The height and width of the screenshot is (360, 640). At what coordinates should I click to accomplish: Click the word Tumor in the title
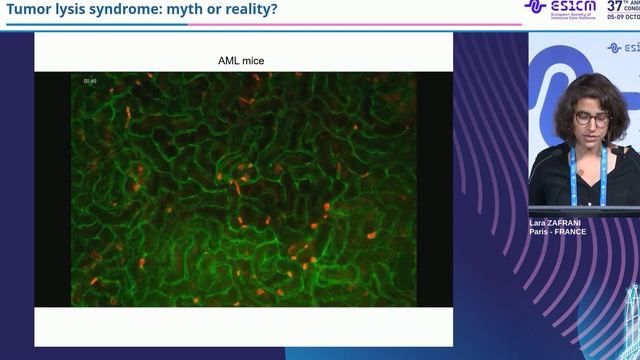30,10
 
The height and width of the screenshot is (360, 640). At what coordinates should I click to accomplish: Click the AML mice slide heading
241,61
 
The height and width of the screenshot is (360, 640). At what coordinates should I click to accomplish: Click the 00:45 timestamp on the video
89,80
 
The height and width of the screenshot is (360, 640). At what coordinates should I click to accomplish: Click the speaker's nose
589,127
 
